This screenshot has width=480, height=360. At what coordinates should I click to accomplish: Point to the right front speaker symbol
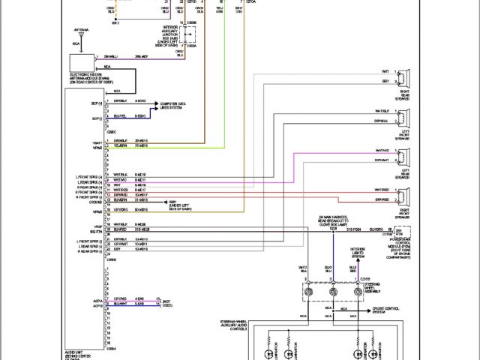403,196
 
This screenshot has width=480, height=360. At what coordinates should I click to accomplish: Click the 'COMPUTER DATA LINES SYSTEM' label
175,105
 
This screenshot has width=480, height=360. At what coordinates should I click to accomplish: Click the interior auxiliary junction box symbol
193,35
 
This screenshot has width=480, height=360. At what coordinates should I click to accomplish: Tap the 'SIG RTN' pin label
95,232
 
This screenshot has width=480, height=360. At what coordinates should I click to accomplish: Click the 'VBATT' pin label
96,142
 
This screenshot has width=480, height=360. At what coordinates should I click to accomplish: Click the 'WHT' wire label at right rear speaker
385,72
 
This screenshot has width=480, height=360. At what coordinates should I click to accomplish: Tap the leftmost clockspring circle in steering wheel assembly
309,291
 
